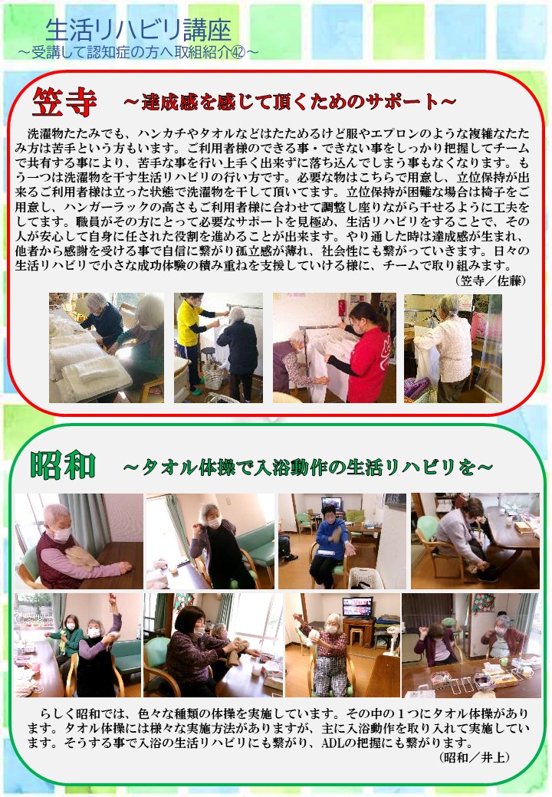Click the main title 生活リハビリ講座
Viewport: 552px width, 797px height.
coord(138,31)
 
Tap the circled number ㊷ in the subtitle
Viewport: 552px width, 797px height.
coord(238,52)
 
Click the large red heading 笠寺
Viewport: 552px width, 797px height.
coord(64,102)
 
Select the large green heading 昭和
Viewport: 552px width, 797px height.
coord(63,464)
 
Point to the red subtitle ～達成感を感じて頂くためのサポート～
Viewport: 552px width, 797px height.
coord(290,102)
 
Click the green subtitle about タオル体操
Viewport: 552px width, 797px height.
coord(308,467)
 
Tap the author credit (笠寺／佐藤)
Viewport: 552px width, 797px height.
coord(490,280)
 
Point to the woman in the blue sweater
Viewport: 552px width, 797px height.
coord(329,545)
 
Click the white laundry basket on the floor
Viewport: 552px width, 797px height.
coord(366,579)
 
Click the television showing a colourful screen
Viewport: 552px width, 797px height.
coord(358,606)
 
